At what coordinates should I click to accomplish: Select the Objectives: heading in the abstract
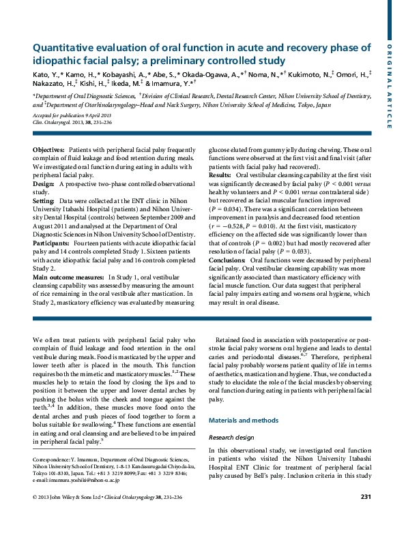tap(48, 149)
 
